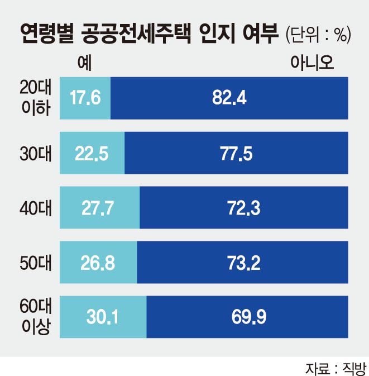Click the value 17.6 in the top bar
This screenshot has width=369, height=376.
pyautogui.click(x=85, y=98)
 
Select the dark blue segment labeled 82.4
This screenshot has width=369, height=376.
pyautogui.click(x=229, y=98)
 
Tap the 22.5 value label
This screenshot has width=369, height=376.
pyautogui.click(x=92, y=154)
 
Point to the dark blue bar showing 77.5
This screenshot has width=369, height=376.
pyautogui.click(x=236, y=153)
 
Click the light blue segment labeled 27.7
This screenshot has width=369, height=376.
pyautogui.click(x=100, y=208)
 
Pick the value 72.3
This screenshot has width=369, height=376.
pyautogui.click(x=244, y=208)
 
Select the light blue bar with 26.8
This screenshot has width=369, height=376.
pyautogui.click(x=98, y=263)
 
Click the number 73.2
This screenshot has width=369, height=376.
pyautogui.click(x=244, y=263)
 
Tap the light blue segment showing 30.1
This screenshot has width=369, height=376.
pyautogui.click(x=103, y=317)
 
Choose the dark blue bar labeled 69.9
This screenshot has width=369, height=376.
pyautogui.click(x=247, y=317)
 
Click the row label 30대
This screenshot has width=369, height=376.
pyautogui.click(x=36, y=154)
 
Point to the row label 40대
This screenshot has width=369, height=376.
pyautogui.click(x=36, y=208)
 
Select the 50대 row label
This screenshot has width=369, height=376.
pyautogui.click(x=36, y=263)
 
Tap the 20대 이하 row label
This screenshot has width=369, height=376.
pyautogui.click(x=36, y=98)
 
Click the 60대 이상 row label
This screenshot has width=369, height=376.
pyautogui.click(x=36, y=317)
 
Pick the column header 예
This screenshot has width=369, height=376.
pyautogui.click(x=85, y=63)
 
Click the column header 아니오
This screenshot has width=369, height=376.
pyautogui.click(x=312, y=63)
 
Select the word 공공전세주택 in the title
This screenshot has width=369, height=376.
pyautogui.click(x=136, y=34)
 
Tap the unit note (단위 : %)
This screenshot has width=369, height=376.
pyautogui.click(x=318, y=35)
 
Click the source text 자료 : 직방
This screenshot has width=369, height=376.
pyautogui.click(x=337, y=369)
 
